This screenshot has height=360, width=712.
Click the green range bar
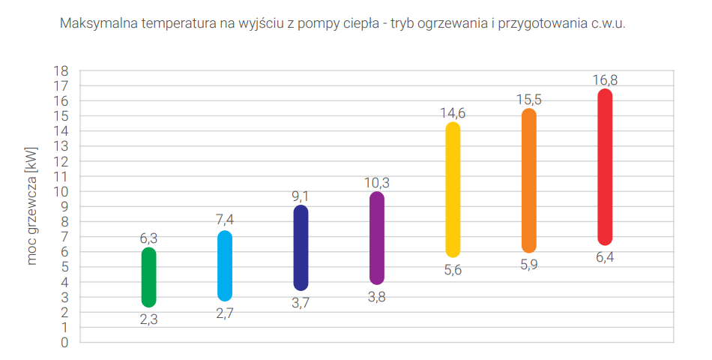(148, 277)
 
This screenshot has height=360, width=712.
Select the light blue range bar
(225, 265)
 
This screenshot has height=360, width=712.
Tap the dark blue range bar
(301, 247)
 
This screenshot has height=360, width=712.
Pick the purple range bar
(377, 238)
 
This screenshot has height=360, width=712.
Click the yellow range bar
(453, 190)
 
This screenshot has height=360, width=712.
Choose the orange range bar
(529, 181)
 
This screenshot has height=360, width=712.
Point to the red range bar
(605, 167)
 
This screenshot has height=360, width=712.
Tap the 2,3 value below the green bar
(148, 319)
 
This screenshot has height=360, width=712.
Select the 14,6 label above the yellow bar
(453, 113)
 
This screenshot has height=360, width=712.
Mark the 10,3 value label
(377, 182)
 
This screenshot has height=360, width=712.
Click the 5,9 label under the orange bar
(529, 265)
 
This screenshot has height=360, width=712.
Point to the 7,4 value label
(225, 220)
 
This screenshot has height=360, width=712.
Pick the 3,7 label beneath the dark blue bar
(301, 302)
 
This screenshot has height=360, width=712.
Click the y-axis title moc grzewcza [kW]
(31, 207)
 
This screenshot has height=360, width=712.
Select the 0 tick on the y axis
(64, 343)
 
